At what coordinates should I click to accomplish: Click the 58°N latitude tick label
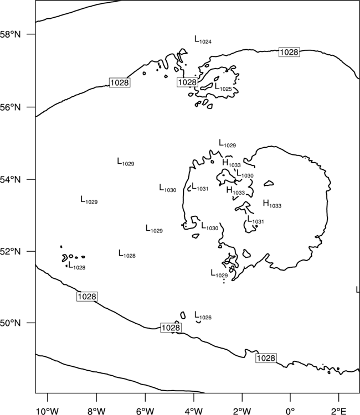point(11,34)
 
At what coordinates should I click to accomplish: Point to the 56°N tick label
point(11,107)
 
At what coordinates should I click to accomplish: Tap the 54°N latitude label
point(11,179)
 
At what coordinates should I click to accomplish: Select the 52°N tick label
point(11,251)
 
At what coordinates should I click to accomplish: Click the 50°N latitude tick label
point(11,323)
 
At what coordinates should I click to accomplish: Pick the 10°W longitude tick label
point(48,411)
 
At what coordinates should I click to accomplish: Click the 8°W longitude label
point(96,411)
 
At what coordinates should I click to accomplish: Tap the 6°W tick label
point(145,411)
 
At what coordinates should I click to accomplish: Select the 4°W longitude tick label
point(194,411)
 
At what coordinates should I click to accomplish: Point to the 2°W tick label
point(242,411)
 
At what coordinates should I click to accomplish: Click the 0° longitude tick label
point(290,411)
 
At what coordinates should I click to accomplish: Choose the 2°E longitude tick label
point(338,411)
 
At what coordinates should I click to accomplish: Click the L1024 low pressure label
point(203,40)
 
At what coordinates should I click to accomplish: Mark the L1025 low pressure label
point(223,87)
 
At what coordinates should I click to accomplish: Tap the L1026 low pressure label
point(203,315)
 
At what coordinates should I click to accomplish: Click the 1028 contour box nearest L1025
point(187,82)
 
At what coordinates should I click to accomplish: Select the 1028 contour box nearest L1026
point(171,328)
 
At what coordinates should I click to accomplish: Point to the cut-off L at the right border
point(358,289)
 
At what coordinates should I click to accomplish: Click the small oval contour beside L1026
point(183,315)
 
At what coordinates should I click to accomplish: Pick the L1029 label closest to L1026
point(219,273)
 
